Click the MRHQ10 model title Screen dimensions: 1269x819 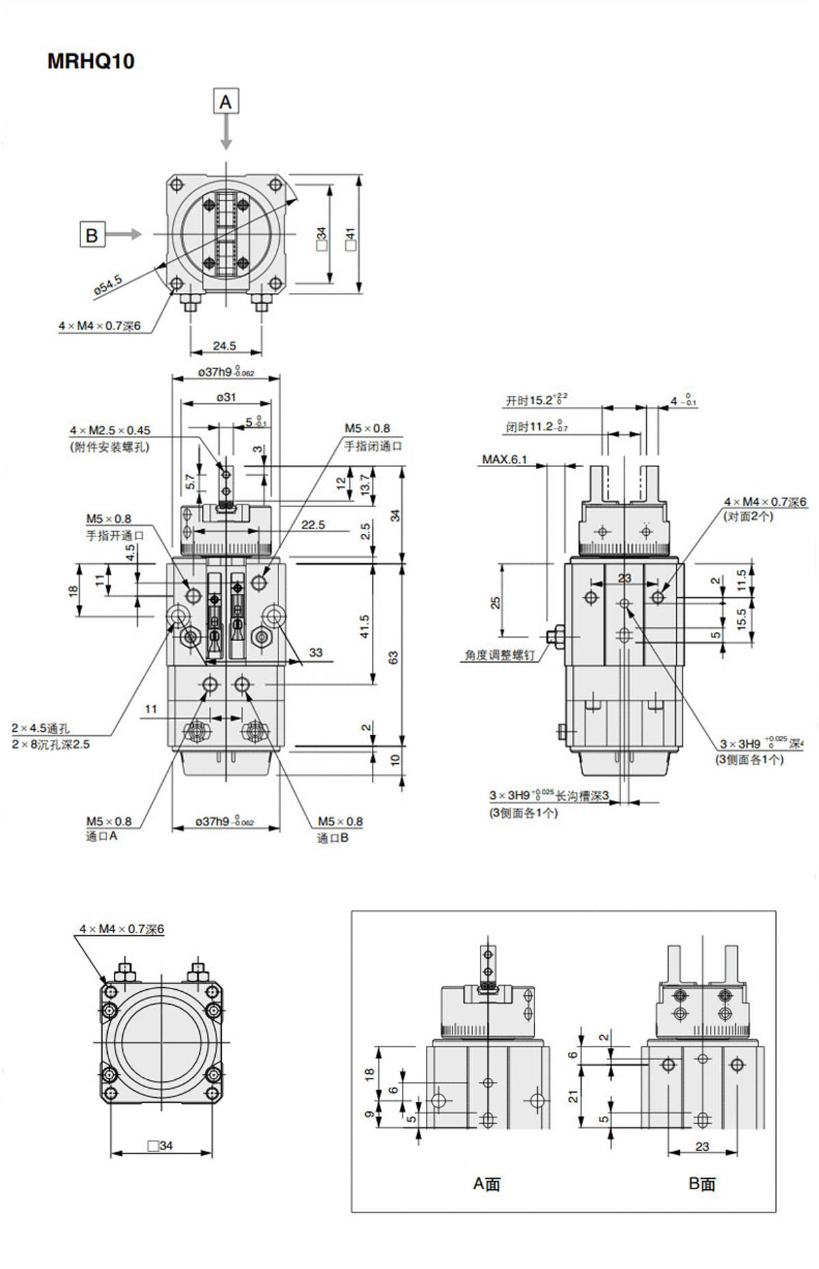pyautogui.click(x=91, y=61)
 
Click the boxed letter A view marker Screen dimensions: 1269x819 pyautogui.click(x=226, y=102)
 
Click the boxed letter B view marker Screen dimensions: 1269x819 pyautogui.click(x=92, y=235)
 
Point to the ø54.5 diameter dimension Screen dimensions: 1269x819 pyautogui.click(x=108, y=285)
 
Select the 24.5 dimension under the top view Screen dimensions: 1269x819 pyautogui.click(x=225, y=345)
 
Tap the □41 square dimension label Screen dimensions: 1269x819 pyautogui.click(x=351, y=239)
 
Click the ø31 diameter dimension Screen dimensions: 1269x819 pyautogui.click(x=226, y=397)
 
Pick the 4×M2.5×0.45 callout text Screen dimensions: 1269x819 pyautogui.click(x=110, y=430)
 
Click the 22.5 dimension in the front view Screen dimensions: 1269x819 pyautogui.click(x=313, y=524)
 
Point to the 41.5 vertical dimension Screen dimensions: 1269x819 pyautogui.click(x=364, y=626)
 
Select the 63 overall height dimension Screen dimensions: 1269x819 pyautogui.click(x=394, y=657)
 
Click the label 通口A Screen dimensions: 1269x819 pyautogui.click(x=102, y=836)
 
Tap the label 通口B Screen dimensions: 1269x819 pyautogui.click(x=332, y=838)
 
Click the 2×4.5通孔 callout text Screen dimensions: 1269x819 pyautogui.click(x=40, y=728)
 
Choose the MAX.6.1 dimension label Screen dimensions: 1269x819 pyautogui.click(x=504, y=459)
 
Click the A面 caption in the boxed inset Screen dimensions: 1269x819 pyautogui.click(x=487, y=1184)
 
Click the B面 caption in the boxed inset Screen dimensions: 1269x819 pyautogui.click(x=702, y=1184)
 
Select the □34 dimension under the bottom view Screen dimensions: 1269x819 pyautogui.click(x=161, y=1145)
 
